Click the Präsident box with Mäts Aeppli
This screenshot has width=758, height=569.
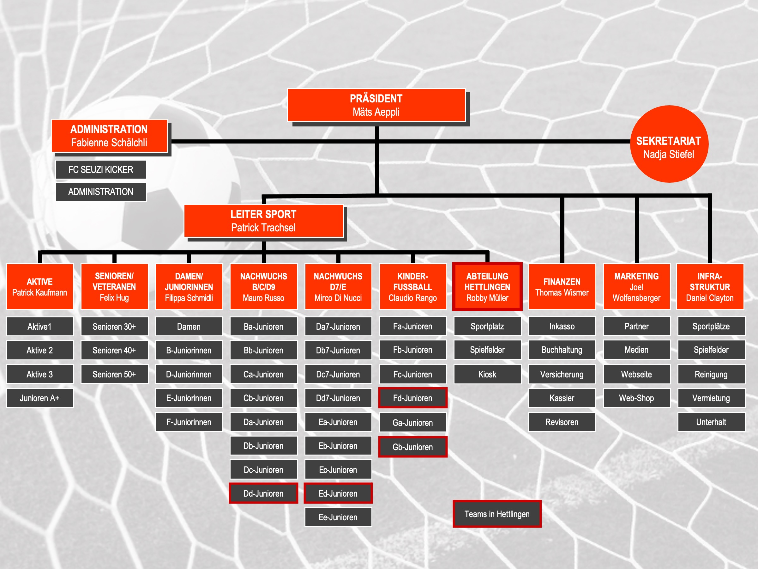coord(376,105)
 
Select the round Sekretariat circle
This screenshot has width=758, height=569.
coord(669,144)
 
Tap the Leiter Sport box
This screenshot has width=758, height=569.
coord(263,221)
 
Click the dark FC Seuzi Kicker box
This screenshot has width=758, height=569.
coord(101,169)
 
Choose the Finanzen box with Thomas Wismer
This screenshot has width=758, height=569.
coord(562,287)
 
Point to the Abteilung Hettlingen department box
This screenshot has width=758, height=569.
coord(487,287)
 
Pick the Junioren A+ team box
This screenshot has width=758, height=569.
coord(40,398)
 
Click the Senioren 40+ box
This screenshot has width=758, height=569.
coord(114,350)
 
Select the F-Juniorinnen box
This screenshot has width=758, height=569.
coord(189,422)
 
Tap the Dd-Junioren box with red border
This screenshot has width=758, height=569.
coord(263,493)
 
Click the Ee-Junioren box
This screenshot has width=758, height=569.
coord(338,517)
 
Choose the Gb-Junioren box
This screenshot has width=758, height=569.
coord(412,447)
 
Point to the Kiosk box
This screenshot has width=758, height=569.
coord(487,374)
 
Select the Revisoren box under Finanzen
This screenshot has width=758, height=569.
coord(562,422)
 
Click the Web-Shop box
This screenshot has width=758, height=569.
coord(637,398)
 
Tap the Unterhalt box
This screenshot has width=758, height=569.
coord(711,422)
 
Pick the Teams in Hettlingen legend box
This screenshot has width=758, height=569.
coord(497,514)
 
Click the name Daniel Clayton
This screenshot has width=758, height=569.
coord(710,298)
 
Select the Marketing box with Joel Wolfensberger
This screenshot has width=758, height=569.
coord(637,287)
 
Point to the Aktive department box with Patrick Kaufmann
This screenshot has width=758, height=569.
coord(40,287)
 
